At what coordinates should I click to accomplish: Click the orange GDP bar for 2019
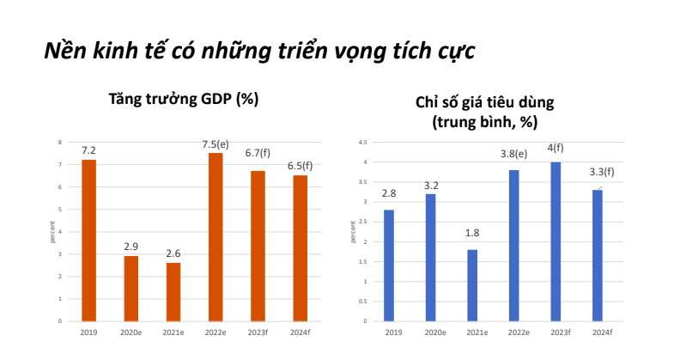pos(88,240)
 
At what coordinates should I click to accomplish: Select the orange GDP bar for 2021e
pos(173,291)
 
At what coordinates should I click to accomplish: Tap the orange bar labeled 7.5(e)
pos(216,236)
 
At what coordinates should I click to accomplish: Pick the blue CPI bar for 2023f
pos(556,241)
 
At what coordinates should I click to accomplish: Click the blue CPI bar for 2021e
pos(472,284)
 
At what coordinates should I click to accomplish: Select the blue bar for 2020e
pos(430,257)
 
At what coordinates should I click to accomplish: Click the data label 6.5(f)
pos(300,166)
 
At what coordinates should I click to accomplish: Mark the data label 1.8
pos(472,234)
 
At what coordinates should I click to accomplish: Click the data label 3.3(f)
pos(599,173)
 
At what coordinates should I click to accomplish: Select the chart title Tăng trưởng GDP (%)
pos(183,99)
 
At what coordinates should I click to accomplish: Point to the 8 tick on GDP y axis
pos(59,143)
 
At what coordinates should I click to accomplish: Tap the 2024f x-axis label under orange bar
pos(300,332)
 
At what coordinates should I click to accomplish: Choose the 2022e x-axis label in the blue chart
pos(514,332)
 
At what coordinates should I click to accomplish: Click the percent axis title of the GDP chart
pos(52,232)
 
